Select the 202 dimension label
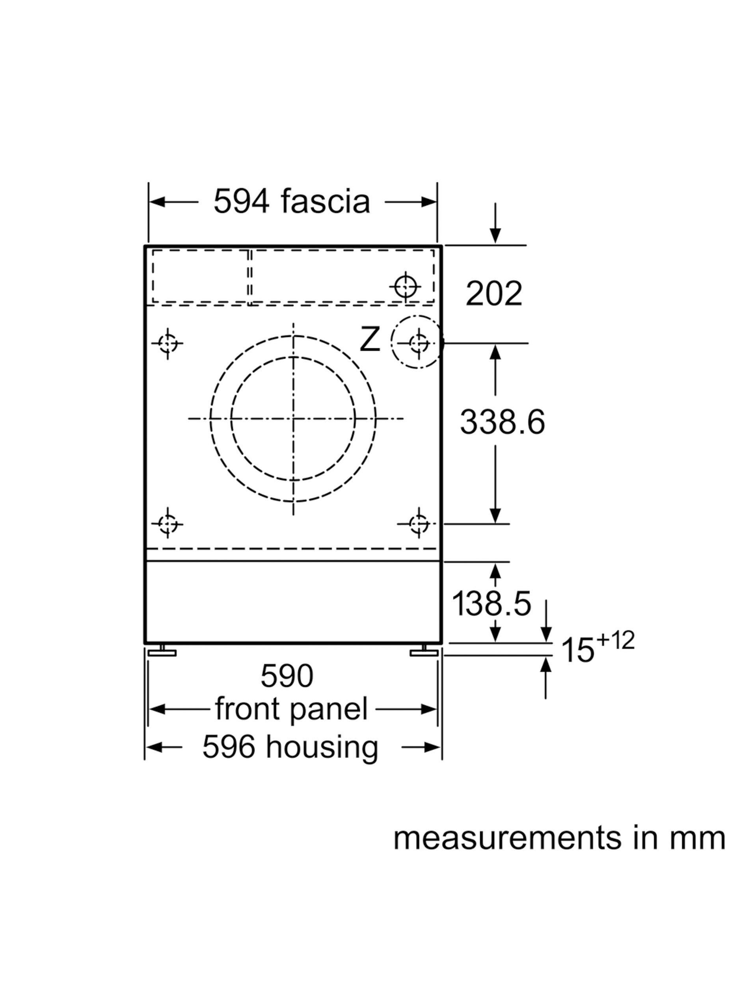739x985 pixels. coord(493,294)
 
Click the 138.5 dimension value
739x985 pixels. coord(491,603)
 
